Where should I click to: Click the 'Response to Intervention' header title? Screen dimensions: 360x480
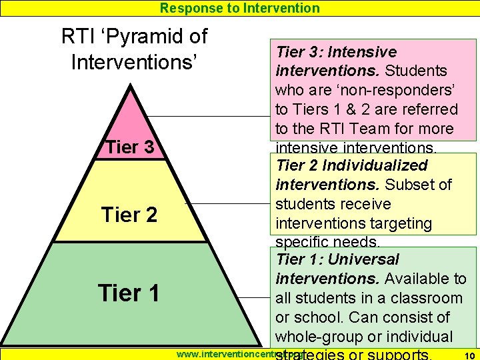pyautogui.click(x=240, y=8)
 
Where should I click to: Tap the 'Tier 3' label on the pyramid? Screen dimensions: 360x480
pyautogui.click(x=130, y=147)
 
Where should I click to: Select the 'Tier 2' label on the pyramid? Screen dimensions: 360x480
pyautogui.click(x=129, y=215)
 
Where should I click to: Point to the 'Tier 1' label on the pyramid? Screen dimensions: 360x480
pyautogui.click(x=128, y=293)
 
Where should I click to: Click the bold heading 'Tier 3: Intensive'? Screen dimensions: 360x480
pyautogui.click(x=337, y=52)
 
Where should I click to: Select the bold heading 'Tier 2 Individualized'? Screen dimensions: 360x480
pyautogui.click(x=351, y=165)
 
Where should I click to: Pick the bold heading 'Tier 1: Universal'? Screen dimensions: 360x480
pyautogui.click(x=337, y=259)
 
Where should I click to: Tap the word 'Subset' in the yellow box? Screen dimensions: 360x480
pyautogui.click(x=409, y=185)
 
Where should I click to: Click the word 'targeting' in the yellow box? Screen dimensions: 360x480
pyautogui.click(x=403, y=223)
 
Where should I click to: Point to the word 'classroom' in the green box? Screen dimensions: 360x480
pyautogui.click(x=427, y=298)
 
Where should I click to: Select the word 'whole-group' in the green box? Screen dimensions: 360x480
pyautogui.click(x=316, y=337)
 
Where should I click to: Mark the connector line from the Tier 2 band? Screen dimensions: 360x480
pyautogui.click(x=233, y=203)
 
